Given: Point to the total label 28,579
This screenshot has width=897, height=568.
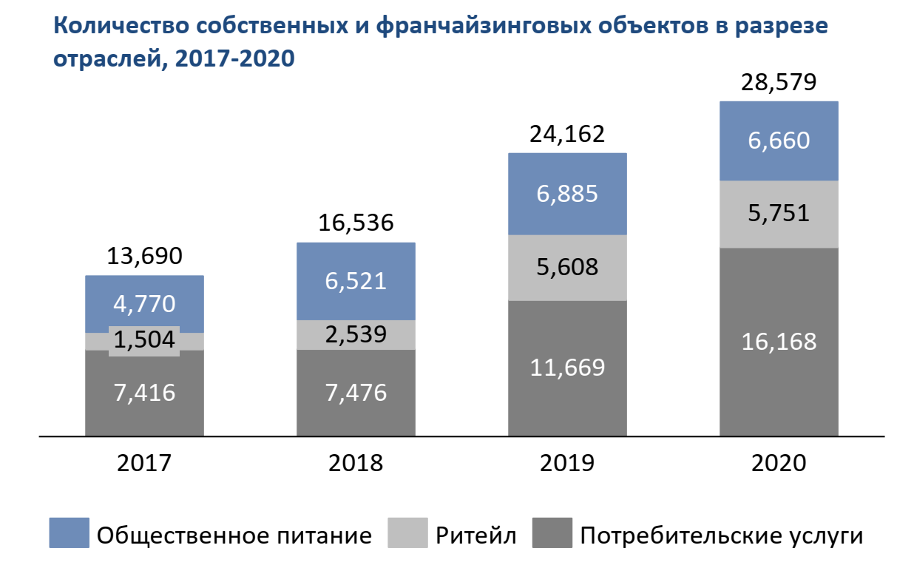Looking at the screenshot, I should tap(779, 82).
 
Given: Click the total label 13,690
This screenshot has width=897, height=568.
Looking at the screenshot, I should tap(144, 257).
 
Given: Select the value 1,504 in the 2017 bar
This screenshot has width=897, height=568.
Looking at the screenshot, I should tap(144, 340).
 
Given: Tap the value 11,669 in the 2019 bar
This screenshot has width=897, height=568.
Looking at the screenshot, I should tap(567, 368).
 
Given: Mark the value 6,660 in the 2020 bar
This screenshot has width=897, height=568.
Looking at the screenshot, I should tap(779, 141).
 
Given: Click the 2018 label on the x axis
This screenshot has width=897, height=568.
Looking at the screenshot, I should tap(356, 463).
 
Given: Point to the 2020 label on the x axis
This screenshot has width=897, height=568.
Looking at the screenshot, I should tap(779, 463).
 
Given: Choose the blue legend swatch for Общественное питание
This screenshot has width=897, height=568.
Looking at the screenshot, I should tap(69, 533).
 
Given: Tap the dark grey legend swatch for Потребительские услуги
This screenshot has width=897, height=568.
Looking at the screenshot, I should tap(552, 533).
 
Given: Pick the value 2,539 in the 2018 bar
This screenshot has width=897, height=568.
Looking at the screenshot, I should tap(356, 334).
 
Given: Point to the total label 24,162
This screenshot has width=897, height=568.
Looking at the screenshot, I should tap(567, 135).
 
